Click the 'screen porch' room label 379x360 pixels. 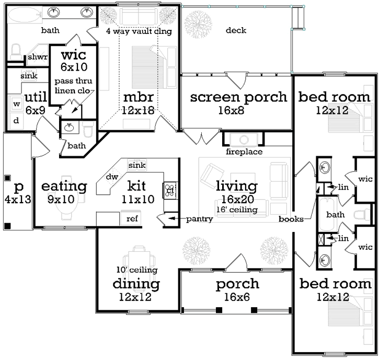(x=238, y=97)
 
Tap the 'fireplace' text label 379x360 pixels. (x=244, y=152)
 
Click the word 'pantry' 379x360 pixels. (x=199, y=219)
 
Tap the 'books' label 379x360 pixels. (x=291, y=219)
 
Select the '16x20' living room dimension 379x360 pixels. (x=237, y=199)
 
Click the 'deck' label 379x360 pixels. (x=236, y=30)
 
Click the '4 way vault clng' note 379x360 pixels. (x=139, y=31)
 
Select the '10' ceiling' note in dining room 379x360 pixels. (x=136, y=270)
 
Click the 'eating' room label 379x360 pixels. (x=64, y=186)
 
